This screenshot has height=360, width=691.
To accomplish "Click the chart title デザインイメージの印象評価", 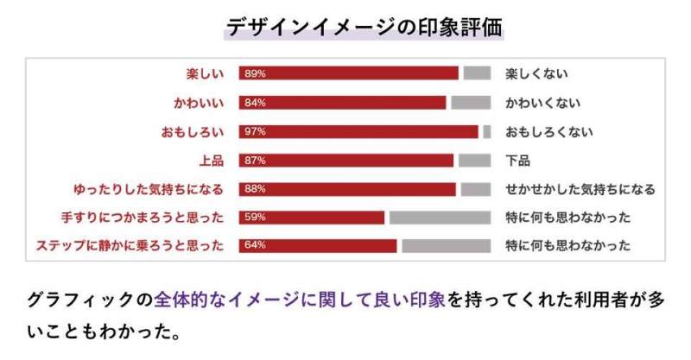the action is click(x=364, y=28).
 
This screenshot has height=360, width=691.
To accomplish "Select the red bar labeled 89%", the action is click(x=349, y=73).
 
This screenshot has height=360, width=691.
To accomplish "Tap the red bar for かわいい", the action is click(x=342, y=103).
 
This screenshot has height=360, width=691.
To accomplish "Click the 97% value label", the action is click(x=255, y=131).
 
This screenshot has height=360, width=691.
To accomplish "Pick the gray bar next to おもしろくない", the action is click(x=487, y=132).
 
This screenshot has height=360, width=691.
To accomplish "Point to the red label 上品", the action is click(x=212, y=161).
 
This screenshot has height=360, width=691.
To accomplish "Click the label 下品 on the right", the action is click(x=517, y=161).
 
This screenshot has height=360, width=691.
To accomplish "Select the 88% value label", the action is click(x=255, y=188).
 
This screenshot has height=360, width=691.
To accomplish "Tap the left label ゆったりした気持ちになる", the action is click(x=149, y=189).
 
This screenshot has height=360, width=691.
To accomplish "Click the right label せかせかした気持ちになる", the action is click(x=580, y=189).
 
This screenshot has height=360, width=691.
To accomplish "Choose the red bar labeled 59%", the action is click(x=312, y=218).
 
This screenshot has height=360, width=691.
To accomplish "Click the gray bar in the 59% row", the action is click(x=441, y=218).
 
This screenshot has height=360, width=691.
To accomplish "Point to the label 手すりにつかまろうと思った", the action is click(x=143, y=218).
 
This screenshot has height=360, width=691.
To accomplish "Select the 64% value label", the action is click(x=255, y=245).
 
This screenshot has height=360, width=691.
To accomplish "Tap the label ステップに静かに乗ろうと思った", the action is click(x=130, y=245).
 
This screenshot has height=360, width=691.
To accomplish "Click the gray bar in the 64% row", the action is click(x=447, y=246).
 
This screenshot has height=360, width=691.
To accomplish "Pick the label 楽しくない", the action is click(x=536, y=73).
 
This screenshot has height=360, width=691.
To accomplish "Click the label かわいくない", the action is click(x=543, y=103).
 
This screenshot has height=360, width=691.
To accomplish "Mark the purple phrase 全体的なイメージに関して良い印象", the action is click(x=300, y=300).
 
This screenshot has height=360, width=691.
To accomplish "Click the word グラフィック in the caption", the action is click(x=80, y=300).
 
